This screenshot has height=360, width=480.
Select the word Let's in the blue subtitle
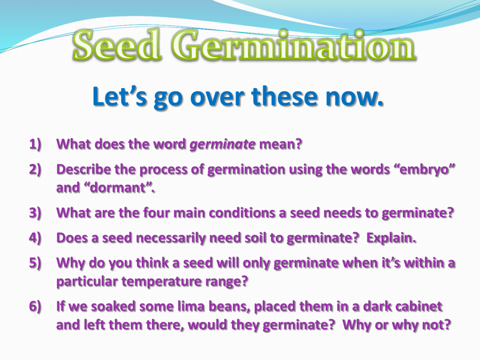120,96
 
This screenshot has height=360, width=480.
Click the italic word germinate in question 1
223,144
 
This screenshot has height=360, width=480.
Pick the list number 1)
35,144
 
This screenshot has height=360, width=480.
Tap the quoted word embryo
423,170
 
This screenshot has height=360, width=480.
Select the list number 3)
35,213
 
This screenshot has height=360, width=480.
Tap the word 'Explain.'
391,238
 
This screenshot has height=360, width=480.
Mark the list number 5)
35,263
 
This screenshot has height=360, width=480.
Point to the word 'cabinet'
418,307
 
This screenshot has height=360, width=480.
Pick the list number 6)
35,307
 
